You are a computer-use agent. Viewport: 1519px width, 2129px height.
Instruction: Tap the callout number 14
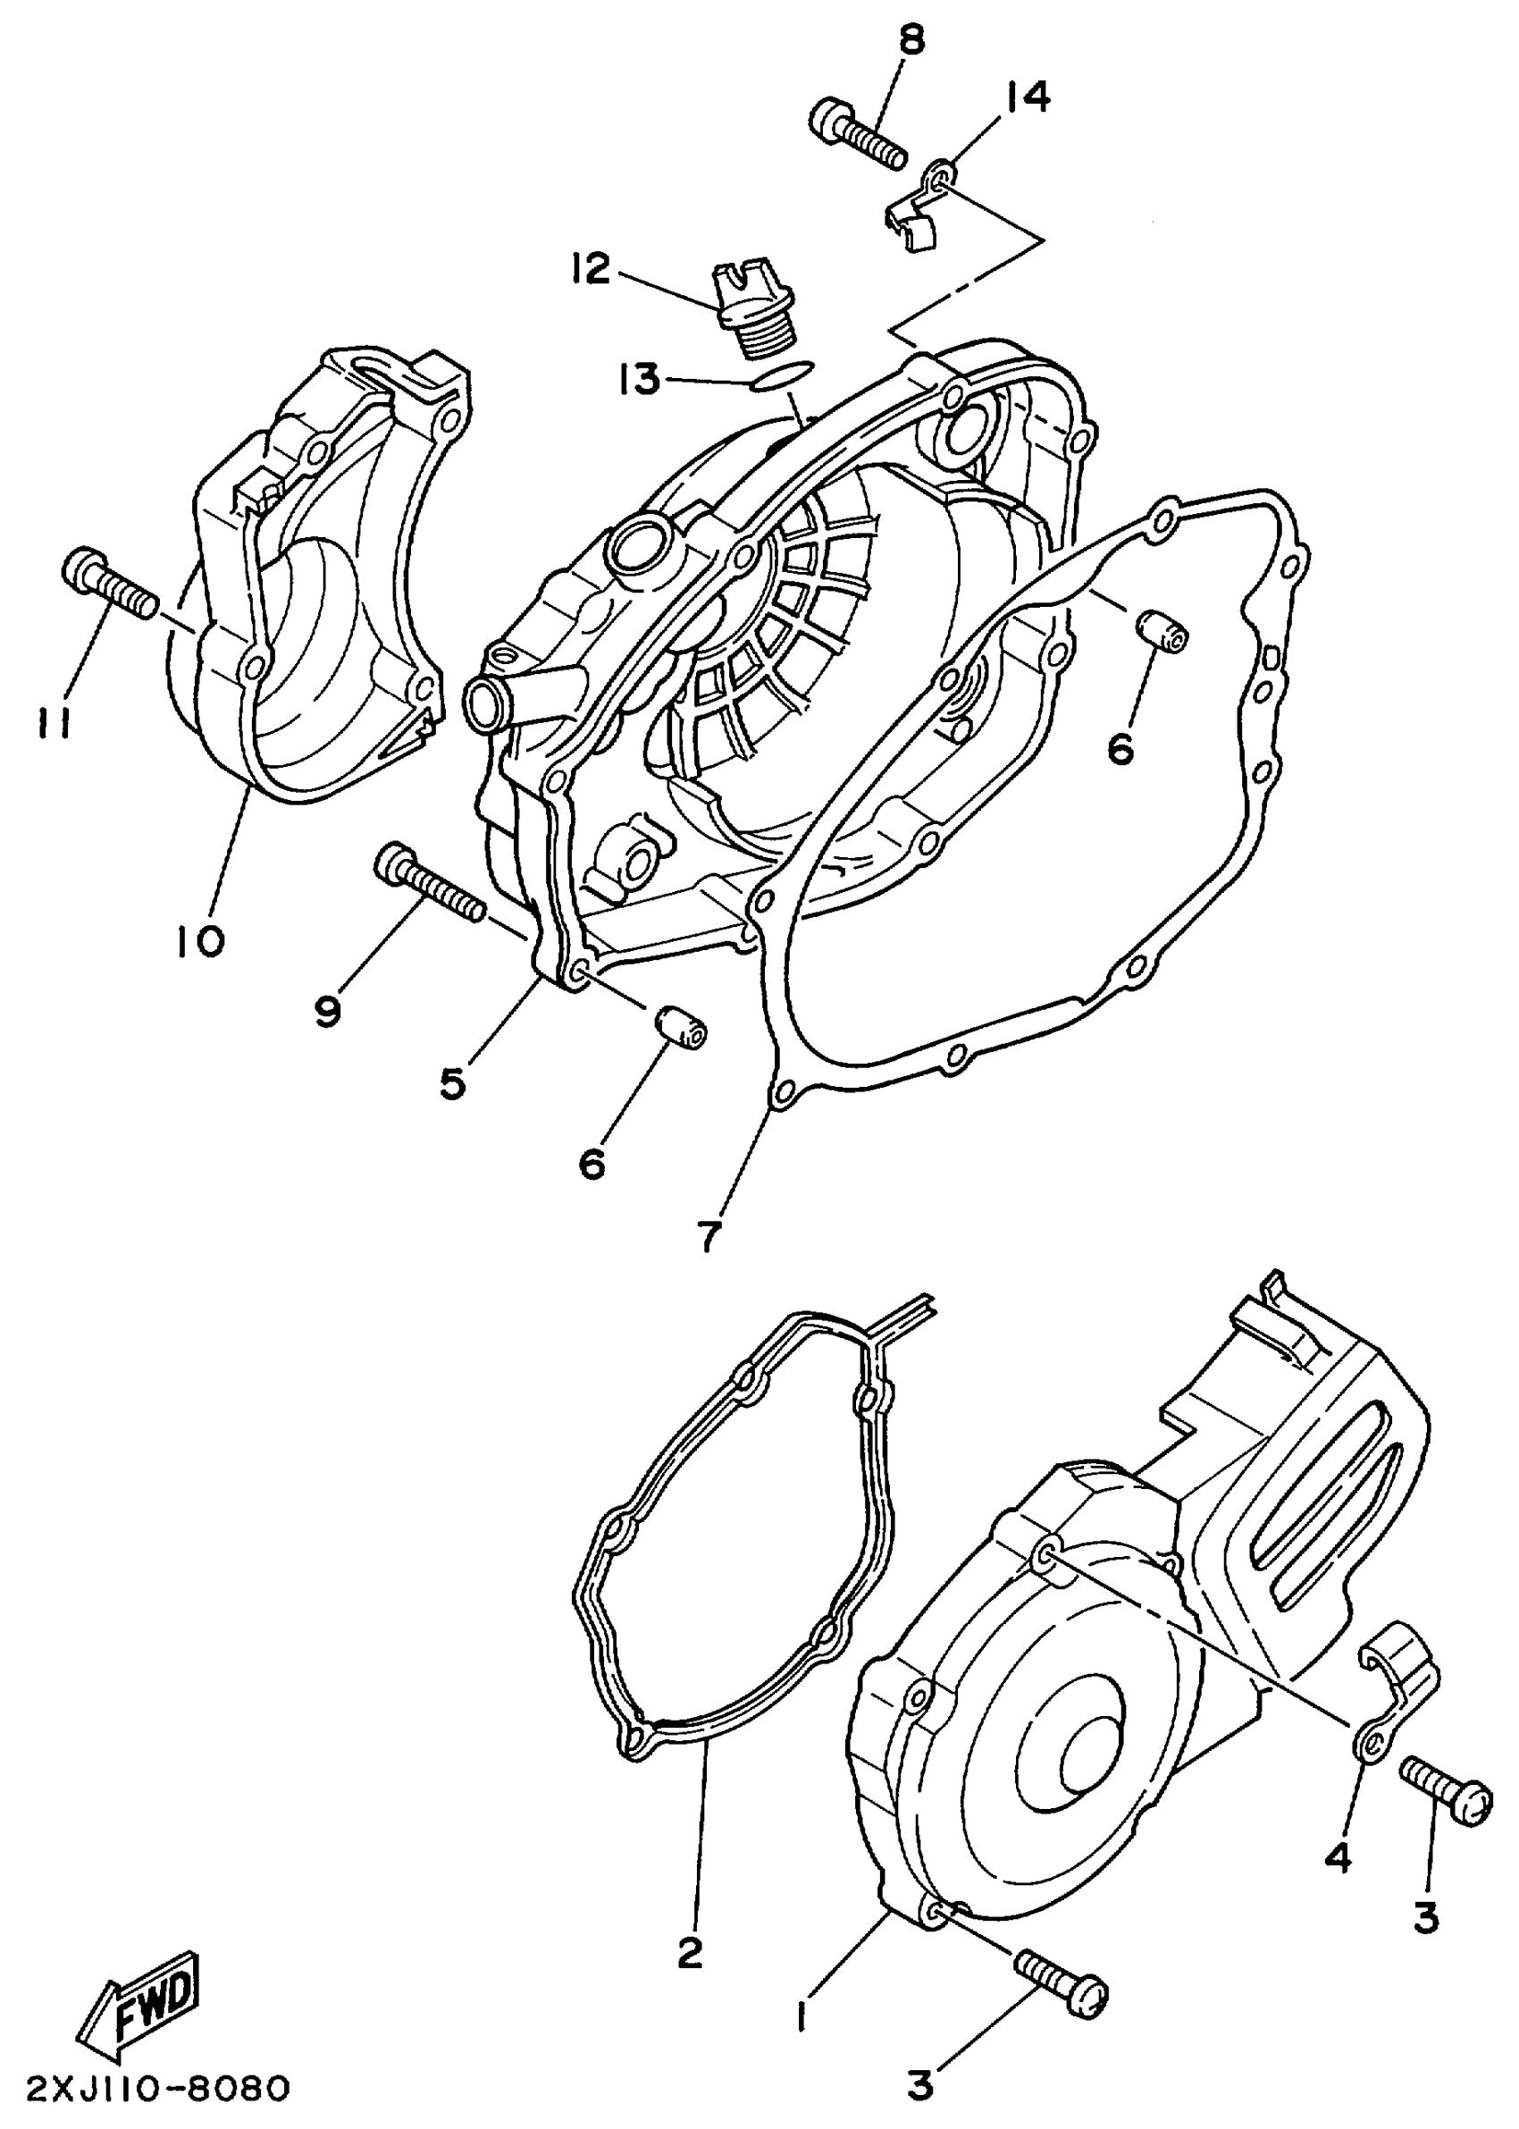coord(1026,97)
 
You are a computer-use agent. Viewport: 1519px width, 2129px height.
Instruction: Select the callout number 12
coord(592,270)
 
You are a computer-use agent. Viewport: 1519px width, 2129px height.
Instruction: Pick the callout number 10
coord(199,941)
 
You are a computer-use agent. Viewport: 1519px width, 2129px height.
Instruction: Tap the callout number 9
coord(327,1010)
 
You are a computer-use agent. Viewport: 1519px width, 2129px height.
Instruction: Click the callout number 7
coord(709,1237)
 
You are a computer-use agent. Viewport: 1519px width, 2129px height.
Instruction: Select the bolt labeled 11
coord(108,585)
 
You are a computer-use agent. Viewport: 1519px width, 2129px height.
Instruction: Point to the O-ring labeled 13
coord(784,375)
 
